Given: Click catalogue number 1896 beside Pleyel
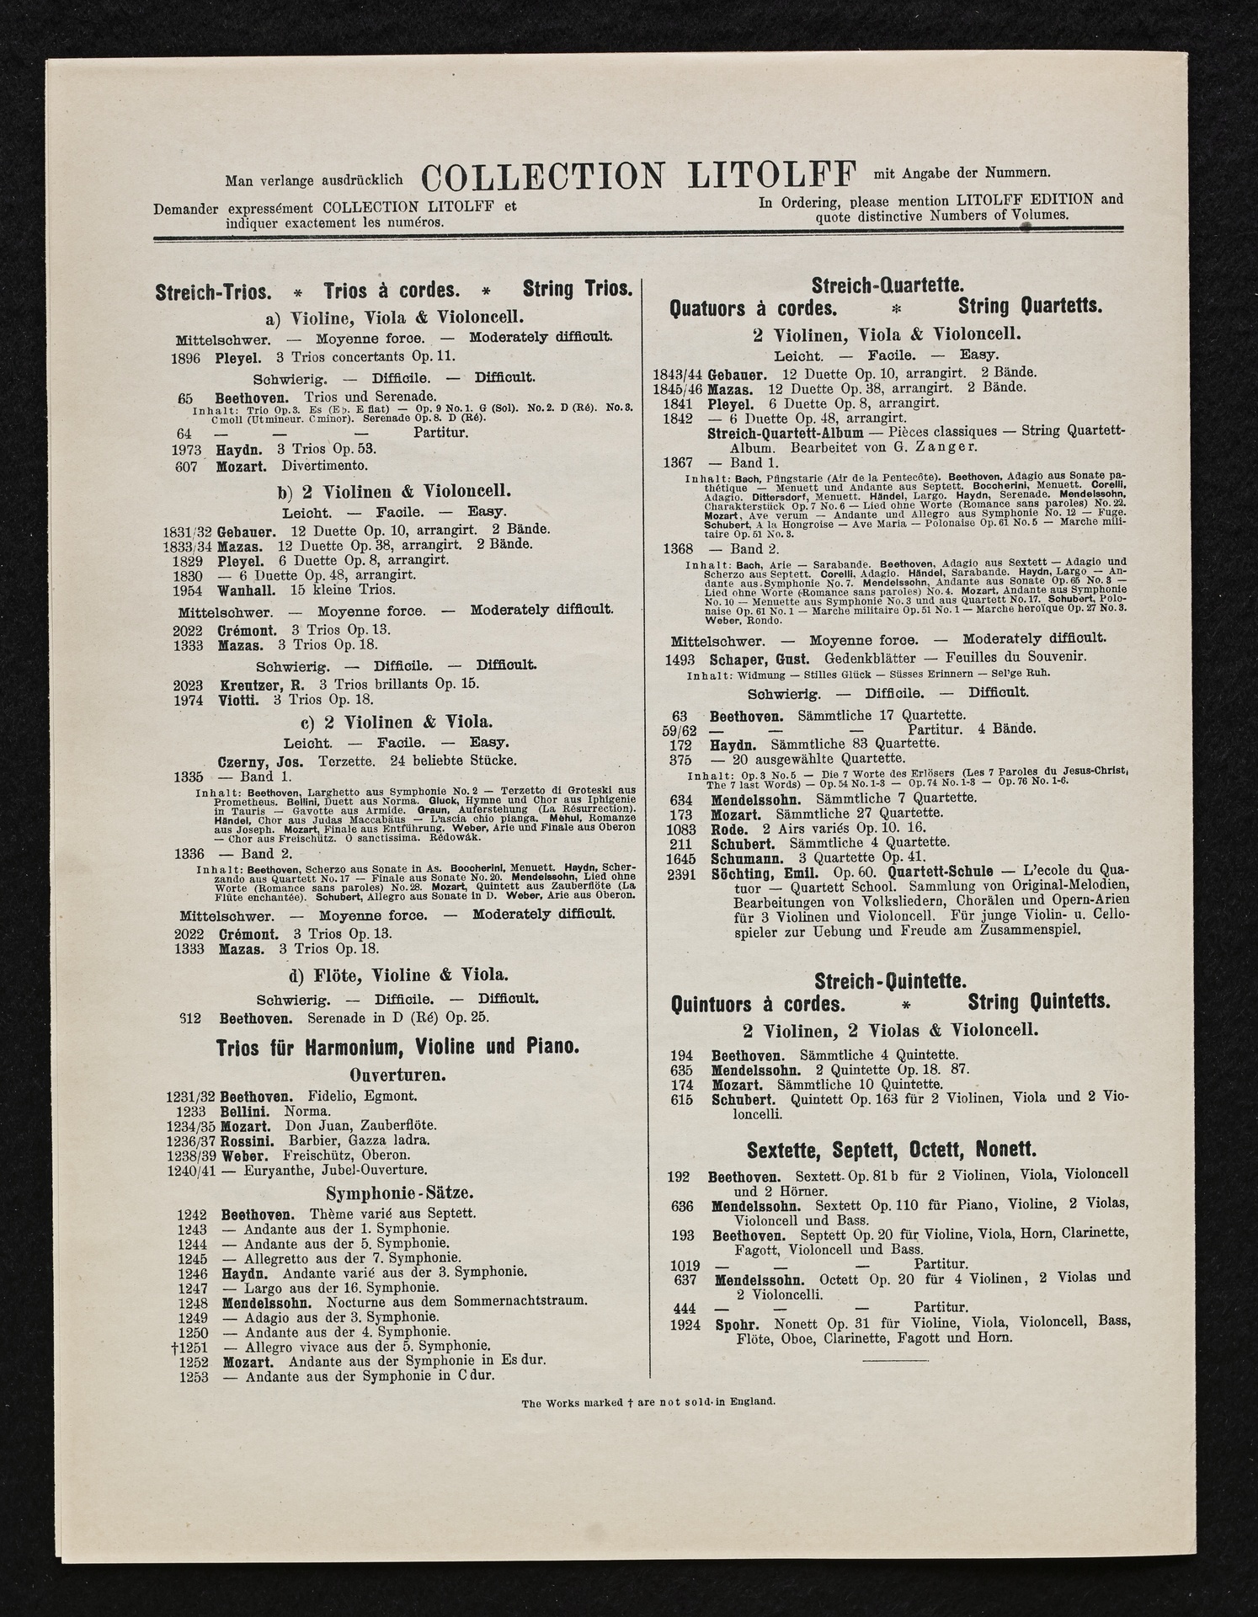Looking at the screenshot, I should (185, 358).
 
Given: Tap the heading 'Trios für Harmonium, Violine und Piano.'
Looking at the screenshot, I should (397, 1048).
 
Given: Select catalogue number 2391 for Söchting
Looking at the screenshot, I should (681, 873).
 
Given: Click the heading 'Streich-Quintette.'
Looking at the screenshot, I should (890, 981).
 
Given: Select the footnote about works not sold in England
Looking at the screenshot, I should (648, 1402).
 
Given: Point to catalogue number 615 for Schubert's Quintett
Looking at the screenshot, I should (681, 1100).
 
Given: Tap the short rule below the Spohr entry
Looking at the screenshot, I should (894, 1359).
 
